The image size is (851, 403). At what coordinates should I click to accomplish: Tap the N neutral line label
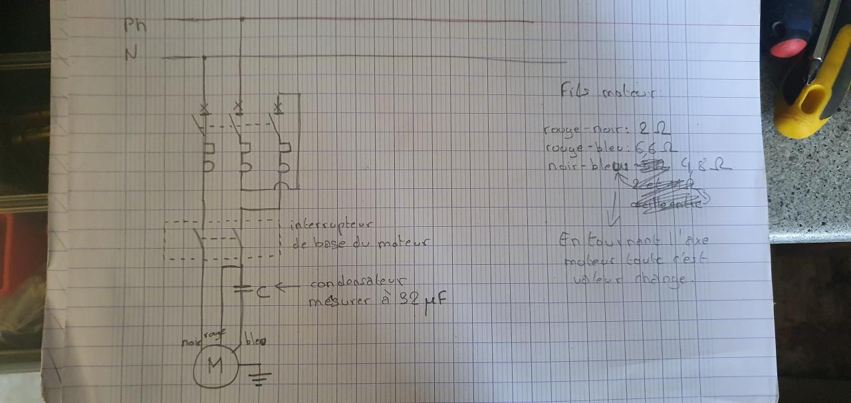pyautogui.click(x=132, y=54)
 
